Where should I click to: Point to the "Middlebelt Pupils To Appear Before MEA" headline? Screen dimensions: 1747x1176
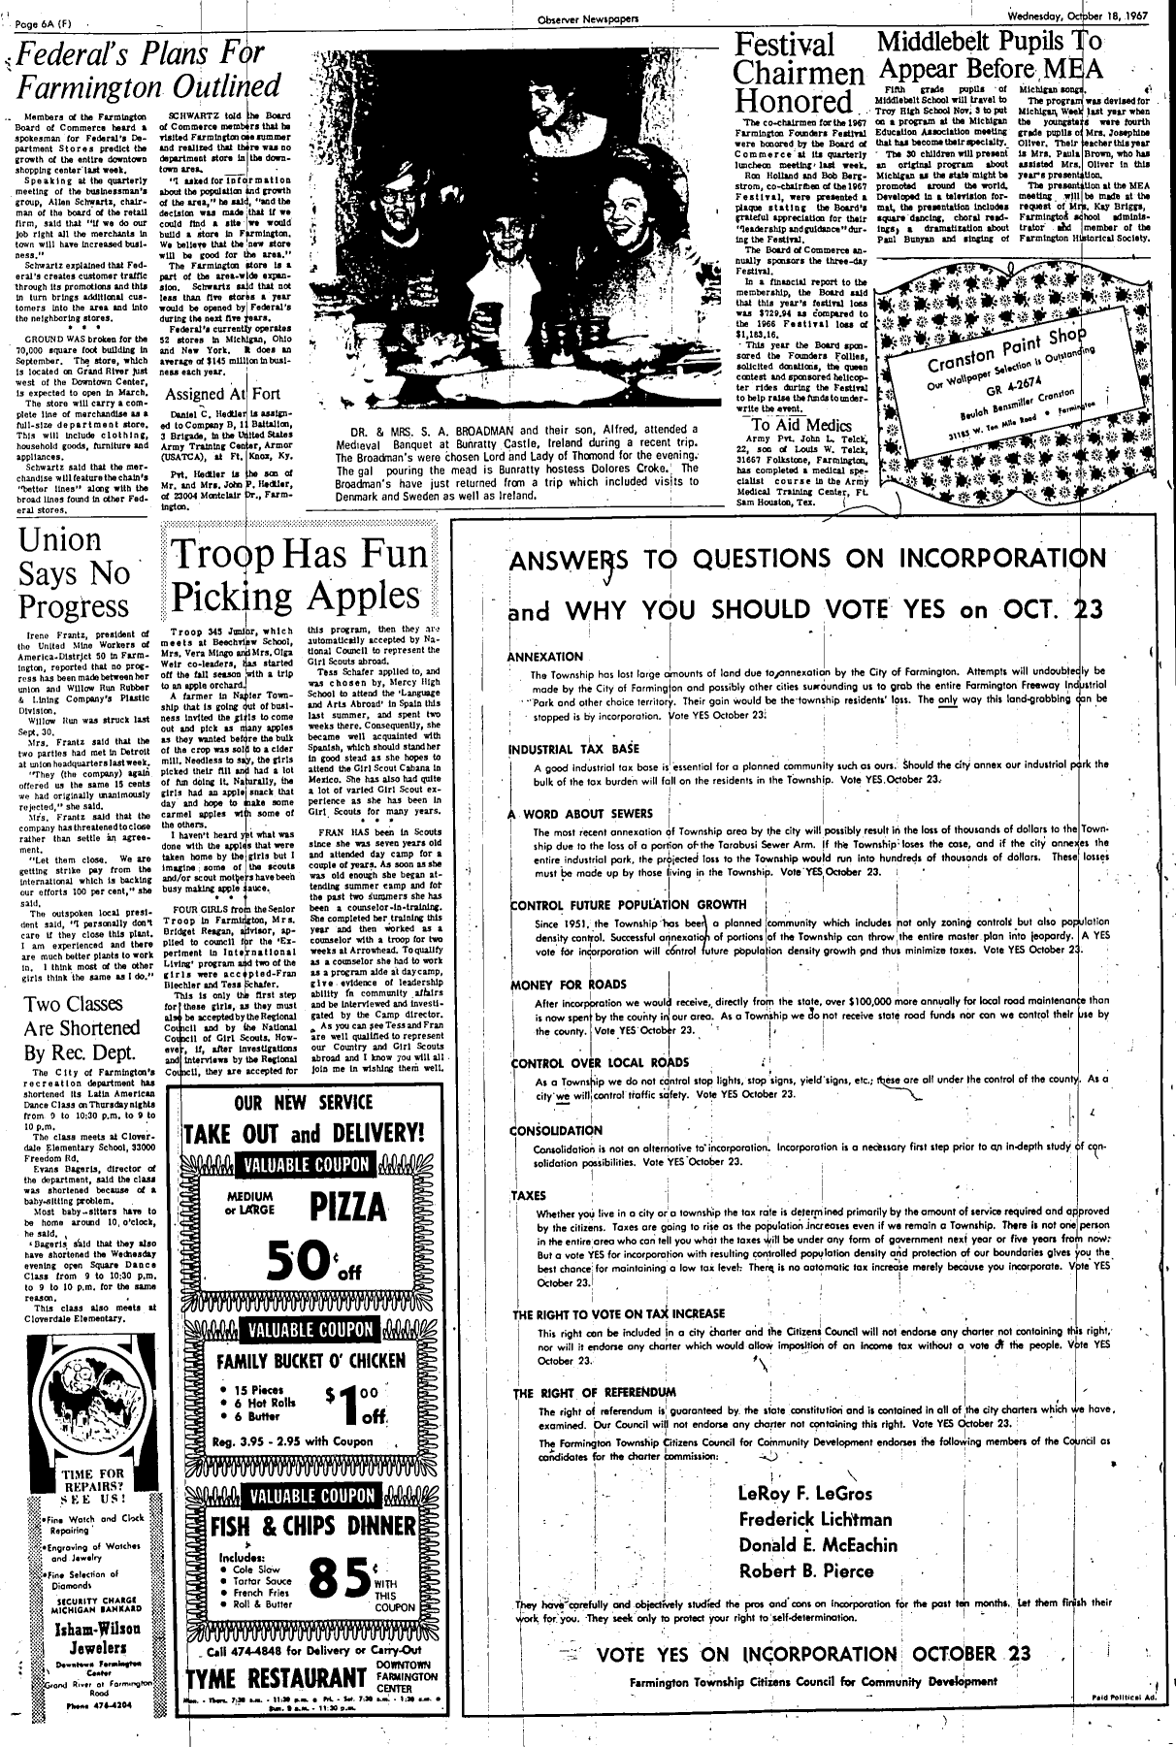pos(989,54)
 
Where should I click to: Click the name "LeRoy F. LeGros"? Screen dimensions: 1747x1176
pos(804,1493)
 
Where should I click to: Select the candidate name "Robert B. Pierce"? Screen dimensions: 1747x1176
pos(806,1570)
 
